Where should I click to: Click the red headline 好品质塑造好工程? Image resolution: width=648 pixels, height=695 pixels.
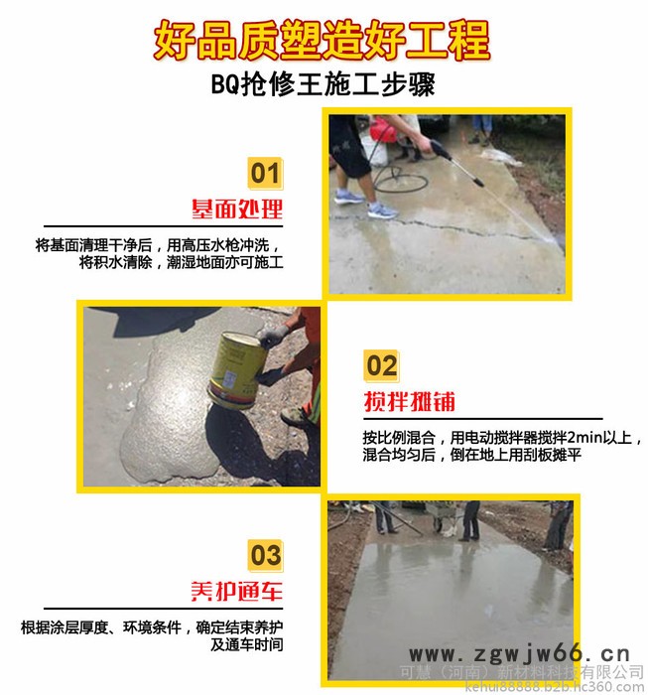pos(323,41)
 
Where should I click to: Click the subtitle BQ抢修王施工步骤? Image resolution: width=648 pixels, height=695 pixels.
pos(323,84)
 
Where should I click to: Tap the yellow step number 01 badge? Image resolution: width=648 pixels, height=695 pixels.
pos(264,174)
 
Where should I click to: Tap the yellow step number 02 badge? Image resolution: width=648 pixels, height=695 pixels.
pos(381,365)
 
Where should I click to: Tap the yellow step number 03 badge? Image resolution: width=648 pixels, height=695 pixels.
pos(264,554)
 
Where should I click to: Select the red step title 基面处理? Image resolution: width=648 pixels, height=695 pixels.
pos(237,209)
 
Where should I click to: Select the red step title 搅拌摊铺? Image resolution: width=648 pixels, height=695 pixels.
pos(409,401)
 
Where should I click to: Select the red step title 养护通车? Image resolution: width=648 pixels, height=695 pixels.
pos(237,591)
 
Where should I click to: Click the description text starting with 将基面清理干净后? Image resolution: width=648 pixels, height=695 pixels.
pos(159,253)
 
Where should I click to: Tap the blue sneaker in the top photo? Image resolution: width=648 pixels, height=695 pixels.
pos(381,209)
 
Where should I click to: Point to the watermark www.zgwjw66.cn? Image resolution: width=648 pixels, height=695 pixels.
pos(520,653)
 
